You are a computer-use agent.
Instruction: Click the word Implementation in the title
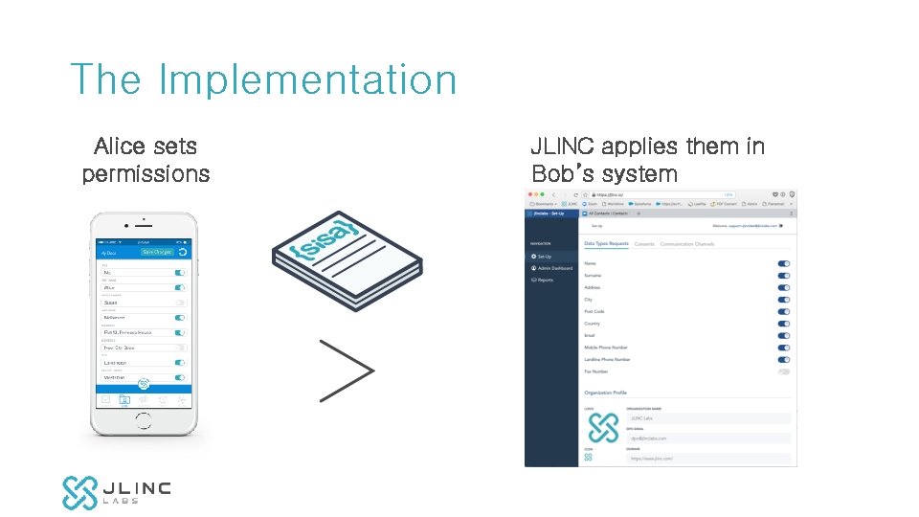pos(307,80)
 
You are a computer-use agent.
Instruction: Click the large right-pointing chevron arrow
pos(346,370)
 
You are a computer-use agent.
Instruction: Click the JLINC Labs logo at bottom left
pos(116,492)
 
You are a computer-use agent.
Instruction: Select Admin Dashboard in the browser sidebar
pos(554,268)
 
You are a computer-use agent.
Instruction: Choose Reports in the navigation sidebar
pos(545,280)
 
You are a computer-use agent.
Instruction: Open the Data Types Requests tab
pos(606,244)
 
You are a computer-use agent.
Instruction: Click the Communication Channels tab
pos(687,244)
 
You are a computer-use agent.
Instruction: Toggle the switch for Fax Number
pos(784,371)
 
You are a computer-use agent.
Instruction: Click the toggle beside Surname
pos(784,276)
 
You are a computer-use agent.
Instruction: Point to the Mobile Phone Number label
pos(606,348)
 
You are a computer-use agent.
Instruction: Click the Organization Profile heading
pos(605,393)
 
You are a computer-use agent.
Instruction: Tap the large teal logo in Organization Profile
pos(603,428)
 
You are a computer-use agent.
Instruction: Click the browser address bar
pos(661,194)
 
